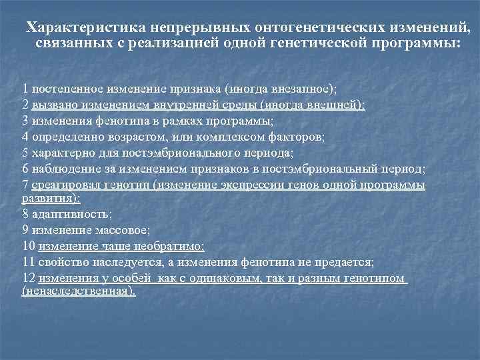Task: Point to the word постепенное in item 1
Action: [x=67, y=89]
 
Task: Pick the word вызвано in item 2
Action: [x=54, y=105]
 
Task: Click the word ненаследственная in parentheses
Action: [x=78, y=291]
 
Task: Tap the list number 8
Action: [x=25, y=215]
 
